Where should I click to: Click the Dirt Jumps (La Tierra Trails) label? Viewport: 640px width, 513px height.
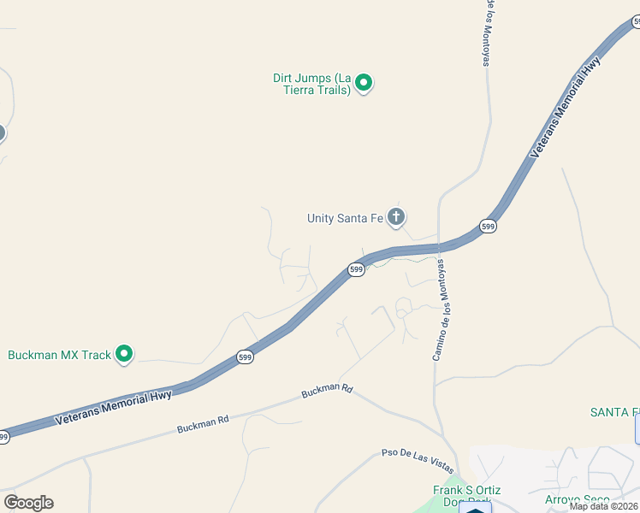(312, 84)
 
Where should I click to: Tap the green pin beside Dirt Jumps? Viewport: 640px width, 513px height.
(364, 83)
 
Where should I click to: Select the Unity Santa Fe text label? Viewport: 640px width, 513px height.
(345, 218)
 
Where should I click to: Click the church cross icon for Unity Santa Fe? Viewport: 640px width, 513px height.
(395, 217)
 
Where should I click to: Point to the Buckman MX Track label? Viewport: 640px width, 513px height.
(60, 354)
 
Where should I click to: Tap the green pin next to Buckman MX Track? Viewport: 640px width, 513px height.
(124, 352)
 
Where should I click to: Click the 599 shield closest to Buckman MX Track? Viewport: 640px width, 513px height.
(245, 357)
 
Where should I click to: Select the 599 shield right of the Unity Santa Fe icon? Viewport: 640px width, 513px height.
(488, 226)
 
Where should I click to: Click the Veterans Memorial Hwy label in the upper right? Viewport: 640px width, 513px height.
(566, 107)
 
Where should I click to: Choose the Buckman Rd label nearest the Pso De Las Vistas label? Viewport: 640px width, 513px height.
(327, 391)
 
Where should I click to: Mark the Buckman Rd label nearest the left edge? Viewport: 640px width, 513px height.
(203, 423)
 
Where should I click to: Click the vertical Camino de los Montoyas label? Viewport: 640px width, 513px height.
(441, 310)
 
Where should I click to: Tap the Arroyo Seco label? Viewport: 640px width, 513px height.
(578, 499)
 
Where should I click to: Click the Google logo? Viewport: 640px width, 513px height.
(28, 503)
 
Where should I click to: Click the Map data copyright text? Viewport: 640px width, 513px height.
(604, 506)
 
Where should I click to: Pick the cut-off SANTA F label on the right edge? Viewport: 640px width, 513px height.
(614, 412)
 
